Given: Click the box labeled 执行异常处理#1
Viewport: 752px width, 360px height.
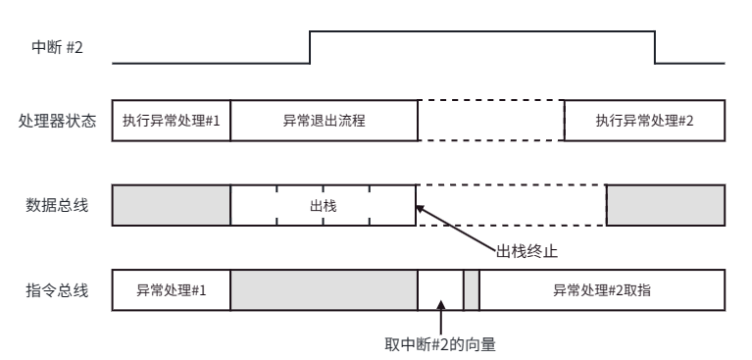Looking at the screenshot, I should pos(172,121).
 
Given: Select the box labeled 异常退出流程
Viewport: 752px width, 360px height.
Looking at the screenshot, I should pos(324,121).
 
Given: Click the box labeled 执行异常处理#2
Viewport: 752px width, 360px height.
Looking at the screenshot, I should pos(644,121).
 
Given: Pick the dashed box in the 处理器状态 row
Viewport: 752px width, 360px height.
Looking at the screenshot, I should pos(490,121).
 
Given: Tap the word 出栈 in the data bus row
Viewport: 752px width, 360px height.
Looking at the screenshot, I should pos(324,207).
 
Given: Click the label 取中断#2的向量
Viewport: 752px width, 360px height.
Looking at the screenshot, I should pos(446,344).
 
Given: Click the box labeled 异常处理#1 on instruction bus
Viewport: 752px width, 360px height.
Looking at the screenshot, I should pos(172,290).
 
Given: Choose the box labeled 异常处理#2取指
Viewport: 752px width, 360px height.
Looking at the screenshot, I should pos(602,290).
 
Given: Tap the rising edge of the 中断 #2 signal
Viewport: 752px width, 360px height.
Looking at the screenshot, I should pos(310,47).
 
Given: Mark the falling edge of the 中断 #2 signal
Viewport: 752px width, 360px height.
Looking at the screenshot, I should pos(655,47).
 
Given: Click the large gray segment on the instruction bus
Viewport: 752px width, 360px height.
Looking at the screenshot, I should pos(324,290).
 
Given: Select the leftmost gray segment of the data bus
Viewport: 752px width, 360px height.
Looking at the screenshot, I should pos(172,207).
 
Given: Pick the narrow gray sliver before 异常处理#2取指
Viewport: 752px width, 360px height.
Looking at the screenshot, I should pos(471,290).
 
